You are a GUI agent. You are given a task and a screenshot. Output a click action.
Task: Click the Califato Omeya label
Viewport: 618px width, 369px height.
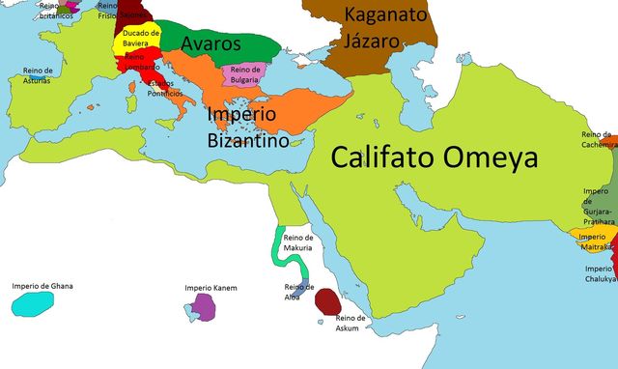click(x=434, y=157)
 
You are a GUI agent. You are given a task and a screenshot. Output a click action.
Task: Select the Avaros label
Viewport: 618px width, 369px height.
click(x=210, y=43)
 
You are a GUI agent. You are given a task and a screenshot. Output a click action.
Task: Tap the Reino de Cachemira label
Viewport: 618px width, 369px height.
click(x=598, y=139)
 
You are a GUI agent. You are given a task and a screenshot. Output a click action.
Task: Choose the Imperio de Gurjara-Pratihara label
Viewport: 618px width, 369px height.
click(x=598, y=204)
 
